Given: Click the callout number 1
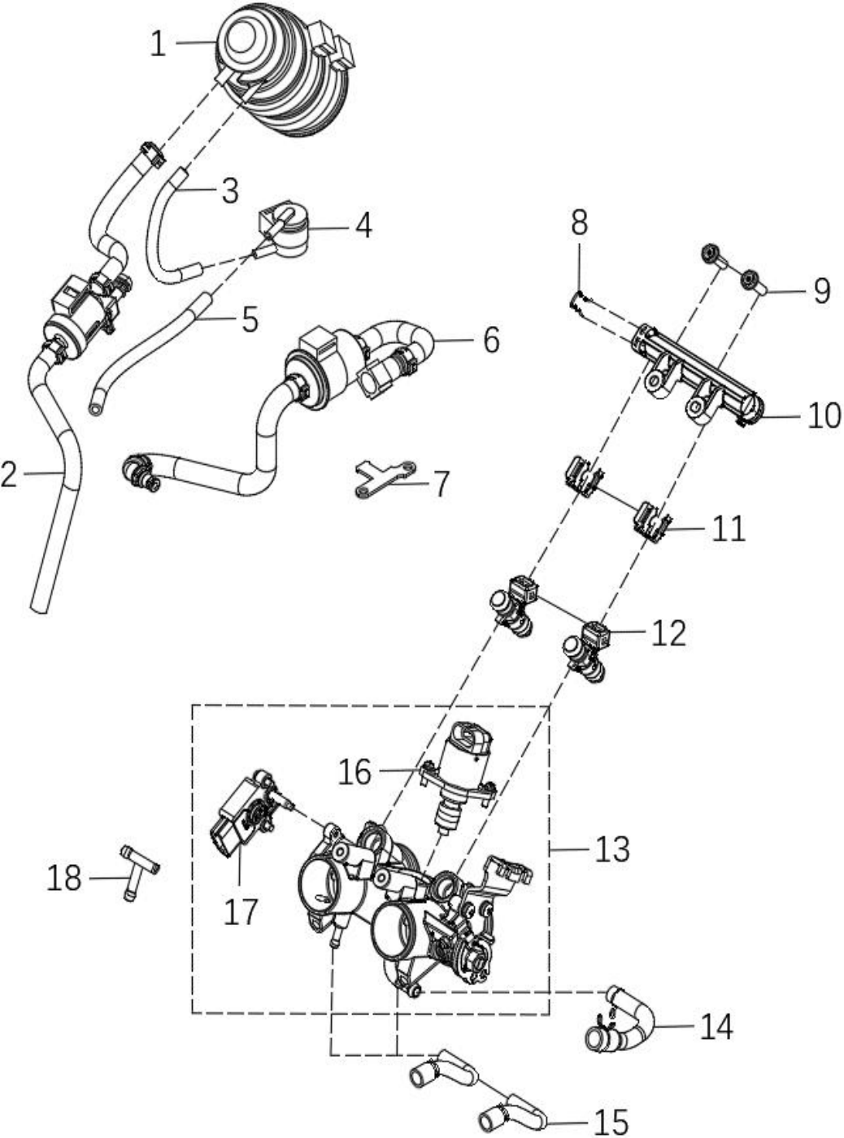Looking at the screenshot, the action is (x=158, y=43).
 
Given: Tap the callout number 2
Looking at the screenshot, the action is (x=9, y=474).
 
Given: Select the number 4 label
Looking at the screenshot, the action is (x=363, y=225).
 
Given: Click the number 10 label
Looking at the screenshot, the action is (x=824, y=415).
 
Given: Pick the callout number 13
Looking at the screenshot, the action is (x=612, y=849).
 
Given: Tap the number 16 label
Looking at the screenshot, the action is (x=355, y=771).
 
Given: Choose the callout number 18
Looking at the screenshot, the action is (x=64, y=878).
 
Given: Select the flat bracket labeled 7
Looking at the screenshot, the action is (x=385, y=478).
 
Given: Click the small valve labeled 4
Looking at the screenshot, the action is (x=284, y=230).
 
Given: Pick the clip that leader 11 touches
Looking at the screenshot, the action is (x=652, y=523).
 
